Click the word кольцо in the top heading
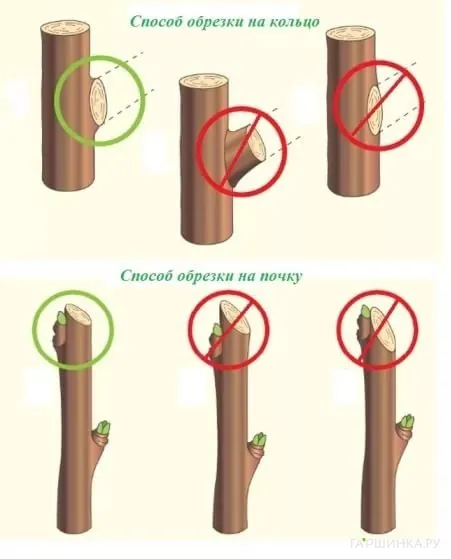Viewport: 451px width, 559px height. tap(290, 22)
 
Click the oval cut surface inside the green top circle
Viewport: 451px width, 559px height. tap(99, 101)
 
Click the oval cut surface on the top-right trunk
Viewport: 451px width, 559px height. tap(374, 111)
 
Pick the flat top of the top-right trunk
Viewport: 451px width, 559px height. tap(350, 34)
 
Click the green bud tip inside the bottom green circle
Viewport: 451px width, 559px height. tap(62, 318)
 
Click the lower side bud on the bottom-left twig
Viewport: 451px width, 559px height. tap(104, 428)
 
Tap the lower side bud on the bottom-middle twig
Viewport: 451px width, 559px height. tap(258, 441)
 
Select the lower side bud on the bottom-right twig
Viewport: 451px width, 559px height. tap(407, 423)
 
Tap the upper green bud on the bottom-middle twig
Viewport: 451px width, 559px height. tap(216, 331)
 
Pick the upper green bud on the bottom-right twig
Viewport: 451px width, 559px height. tap(367, 312)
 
